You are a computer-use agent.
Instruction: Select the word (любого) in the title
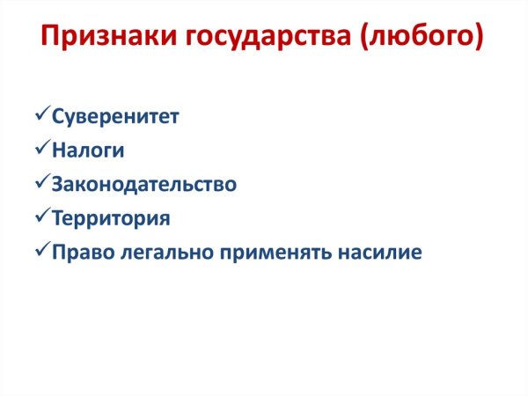click(423, 38)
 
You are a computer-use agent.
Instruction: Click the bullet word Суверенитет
click(115, 117)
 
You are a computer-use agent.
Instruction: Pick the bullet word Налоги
click(88, 150)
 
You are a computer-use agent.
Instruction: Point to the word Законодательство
click(144, 184)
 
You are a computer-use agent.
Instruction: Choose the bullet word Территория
click(111, 217)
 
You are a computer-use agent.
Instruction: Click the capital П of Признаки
click(52, 38)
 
